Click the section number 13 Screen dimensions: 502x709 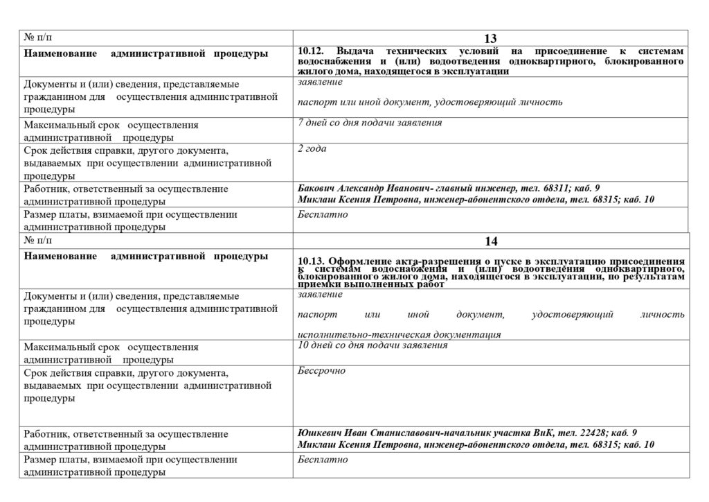[491, 39]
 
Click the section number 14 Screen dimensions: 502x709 [491, 241]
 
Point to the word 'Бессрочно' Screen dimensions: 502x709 [321, 371]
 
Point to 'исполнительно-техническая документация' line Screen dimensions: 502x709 [399, 334]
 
